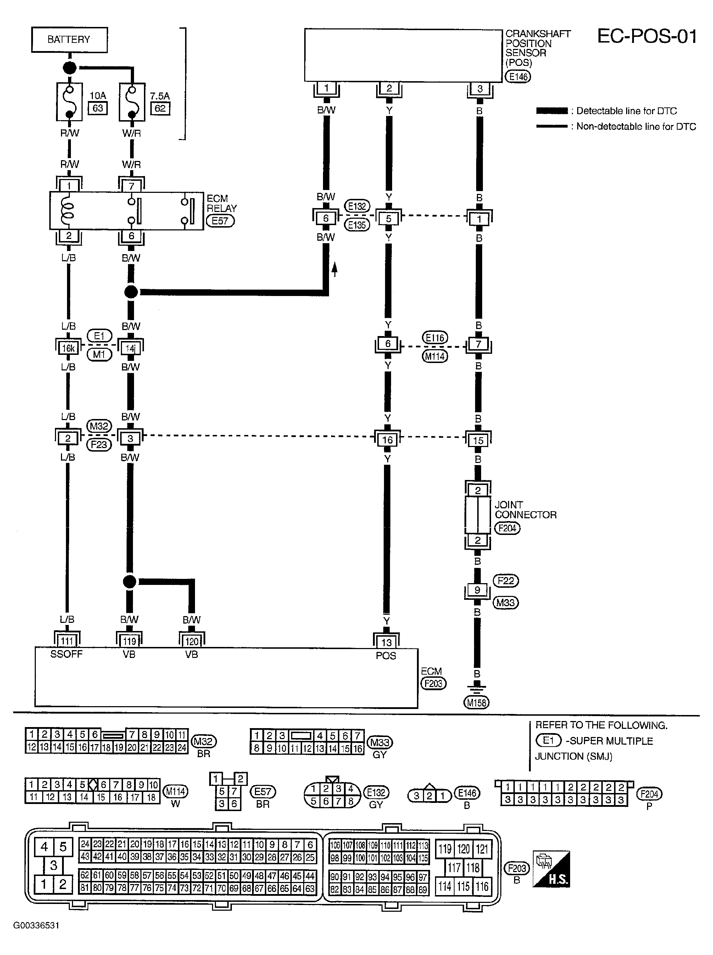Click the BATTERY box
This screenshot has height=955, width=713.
click(69, 40)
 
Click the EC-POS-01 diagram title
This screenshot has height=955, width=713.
click(647, 36)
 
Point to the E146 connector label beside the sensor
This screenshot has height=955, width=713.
click(518, 76)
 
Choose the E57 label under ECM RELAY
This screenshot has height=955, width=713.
click(220, 221)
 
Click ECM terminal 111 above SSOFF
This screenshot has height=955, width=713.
click(67, 641)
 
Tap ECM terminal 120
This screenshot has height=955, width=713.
click(191, 641)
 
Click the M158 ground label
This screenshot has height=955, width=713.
click(477, 703)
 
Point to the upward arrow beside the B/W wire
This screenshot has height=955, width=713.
click(334, 270)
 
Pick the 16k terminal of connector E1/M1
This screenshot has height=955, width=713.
click(68, 348)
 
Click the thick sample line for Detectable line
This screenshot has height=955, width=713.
click(552, 111)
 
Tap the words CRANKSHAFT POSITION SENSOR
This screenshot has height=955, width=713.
click(538, 43)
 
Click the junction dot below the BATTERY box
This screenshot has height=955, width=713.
click(70, 68)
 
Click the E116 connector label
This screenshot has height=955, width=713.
click(435, 337)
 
